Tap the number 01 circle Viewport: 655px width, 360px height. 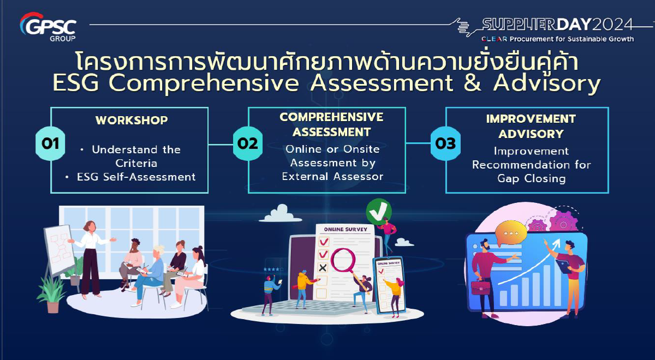pos(50,143)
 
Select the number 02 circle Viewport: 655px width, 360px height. pos(248,143)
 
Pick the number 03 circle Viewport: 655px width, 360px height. pos(445,143)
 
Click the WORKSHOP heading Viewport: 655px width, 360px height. pos(132,120)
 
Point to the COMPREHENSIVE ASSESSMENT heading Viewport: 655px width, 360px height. pos(331,124)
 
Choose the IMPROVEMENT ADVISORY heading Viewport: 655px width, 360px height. pos(531,126)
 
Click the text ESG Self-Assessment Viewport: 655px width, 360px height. pos(136,177)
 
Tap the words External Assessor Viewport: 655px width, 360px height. pos(332,176)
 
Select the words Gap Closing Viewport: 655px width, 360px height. pos(531,178)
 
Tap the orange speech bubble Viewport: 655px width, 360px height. pos(511,233)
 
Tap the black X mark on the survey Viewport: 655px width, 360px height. pos(323,267)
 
